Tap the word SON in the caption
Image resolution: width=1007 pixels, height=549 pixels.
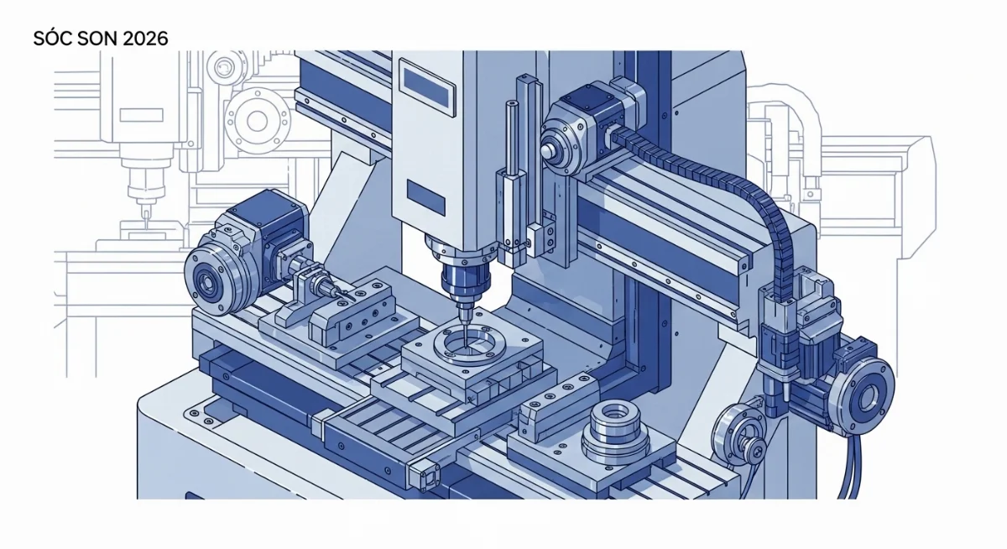pos(97,39)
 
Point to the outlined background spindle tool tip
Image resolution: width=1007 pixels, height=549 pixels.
pos(143,216)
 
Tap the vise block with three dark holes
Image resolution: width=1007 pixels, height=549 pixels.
pos(363,314)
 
